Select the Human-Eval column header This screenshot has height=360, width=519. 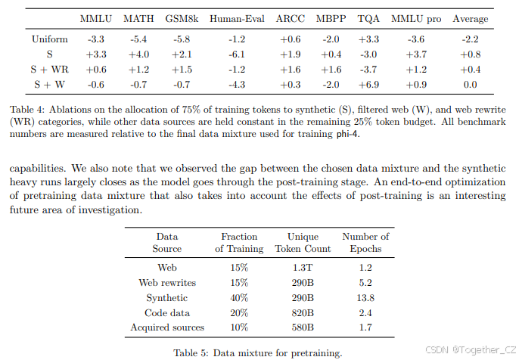coord(237,18)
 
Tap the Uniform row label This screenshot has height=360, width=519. coord(50,39)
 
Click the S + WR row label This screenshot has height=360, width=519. coord(50,69)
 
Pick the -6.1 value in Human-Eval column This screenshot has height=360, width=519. coord(237,54)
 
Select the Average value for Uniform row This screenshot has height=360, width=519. coord(470,39)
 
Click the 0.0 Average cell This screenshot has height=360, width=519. coord(470,84)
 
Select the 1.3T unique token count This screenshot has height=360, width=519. coord(303,268)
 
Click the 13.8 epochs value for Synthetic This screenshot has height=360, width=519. coord(365,298)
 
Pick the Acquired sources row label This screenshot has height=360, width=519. coord(167,327)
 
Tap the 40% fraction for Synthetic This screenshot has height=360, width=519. coord(239,298)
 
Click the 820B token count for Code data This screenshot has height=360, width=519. coord(303,312)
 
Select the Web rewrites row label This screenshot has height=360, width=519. coord(167,283)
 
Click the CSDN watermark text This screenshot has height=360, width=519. coord(468,349)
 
